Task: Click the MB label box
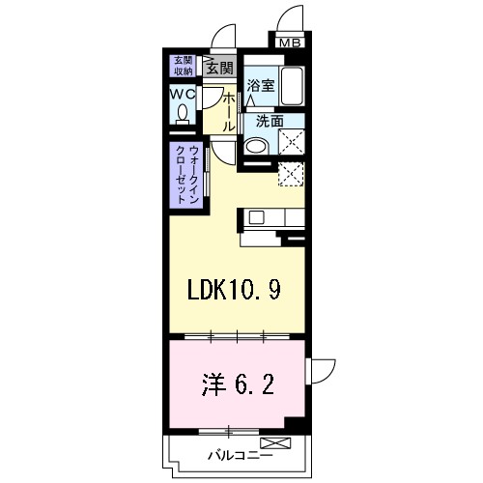click(x=291, y=42)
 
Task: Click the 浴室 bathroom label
click(x=259, y=86)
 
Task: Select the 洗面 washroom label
click(x=270, y=121)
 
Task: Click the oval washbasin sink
click(x=254, y=147)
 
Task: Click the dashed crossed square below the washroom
click(x=292, y=173)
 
